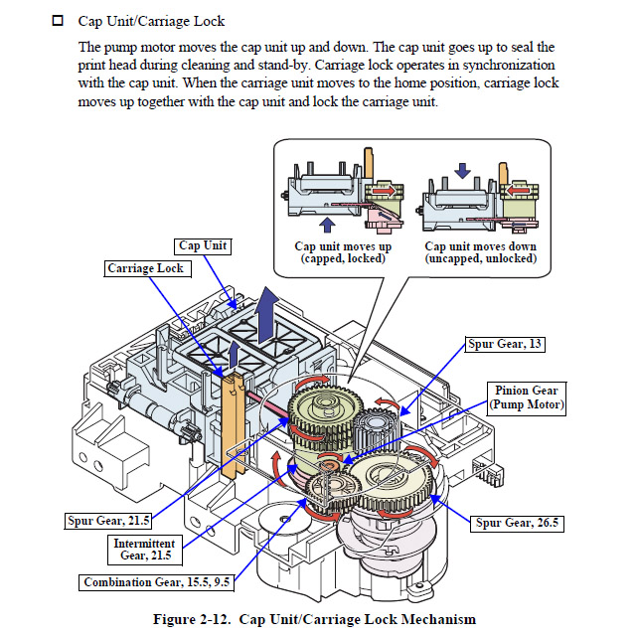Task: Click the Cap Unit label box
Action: [x=203, y=245]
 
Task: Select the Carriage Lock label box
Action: [x=147, y=268]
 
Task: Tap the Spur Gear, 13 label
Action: [x=507, y=345]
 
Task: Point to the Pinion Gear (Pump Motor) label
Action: [x=525, y=397]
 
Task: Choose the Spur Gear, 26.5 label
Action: [x=515, y=523]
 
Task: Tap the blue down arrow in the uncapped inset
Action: [x=463, y=171]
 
